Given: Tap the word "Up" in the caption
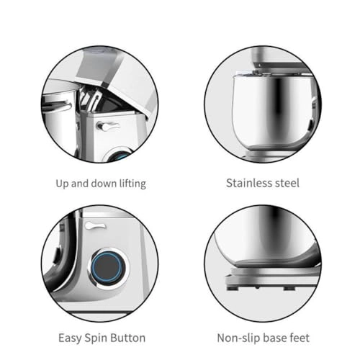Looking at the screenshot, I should [64, 184].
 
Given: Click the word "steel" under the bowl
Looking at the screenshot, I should [286, 183].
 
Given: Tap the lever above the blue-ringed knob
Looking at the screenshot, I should [94, 226].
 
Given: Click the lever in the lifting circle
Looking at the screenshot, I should [109, 127].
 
